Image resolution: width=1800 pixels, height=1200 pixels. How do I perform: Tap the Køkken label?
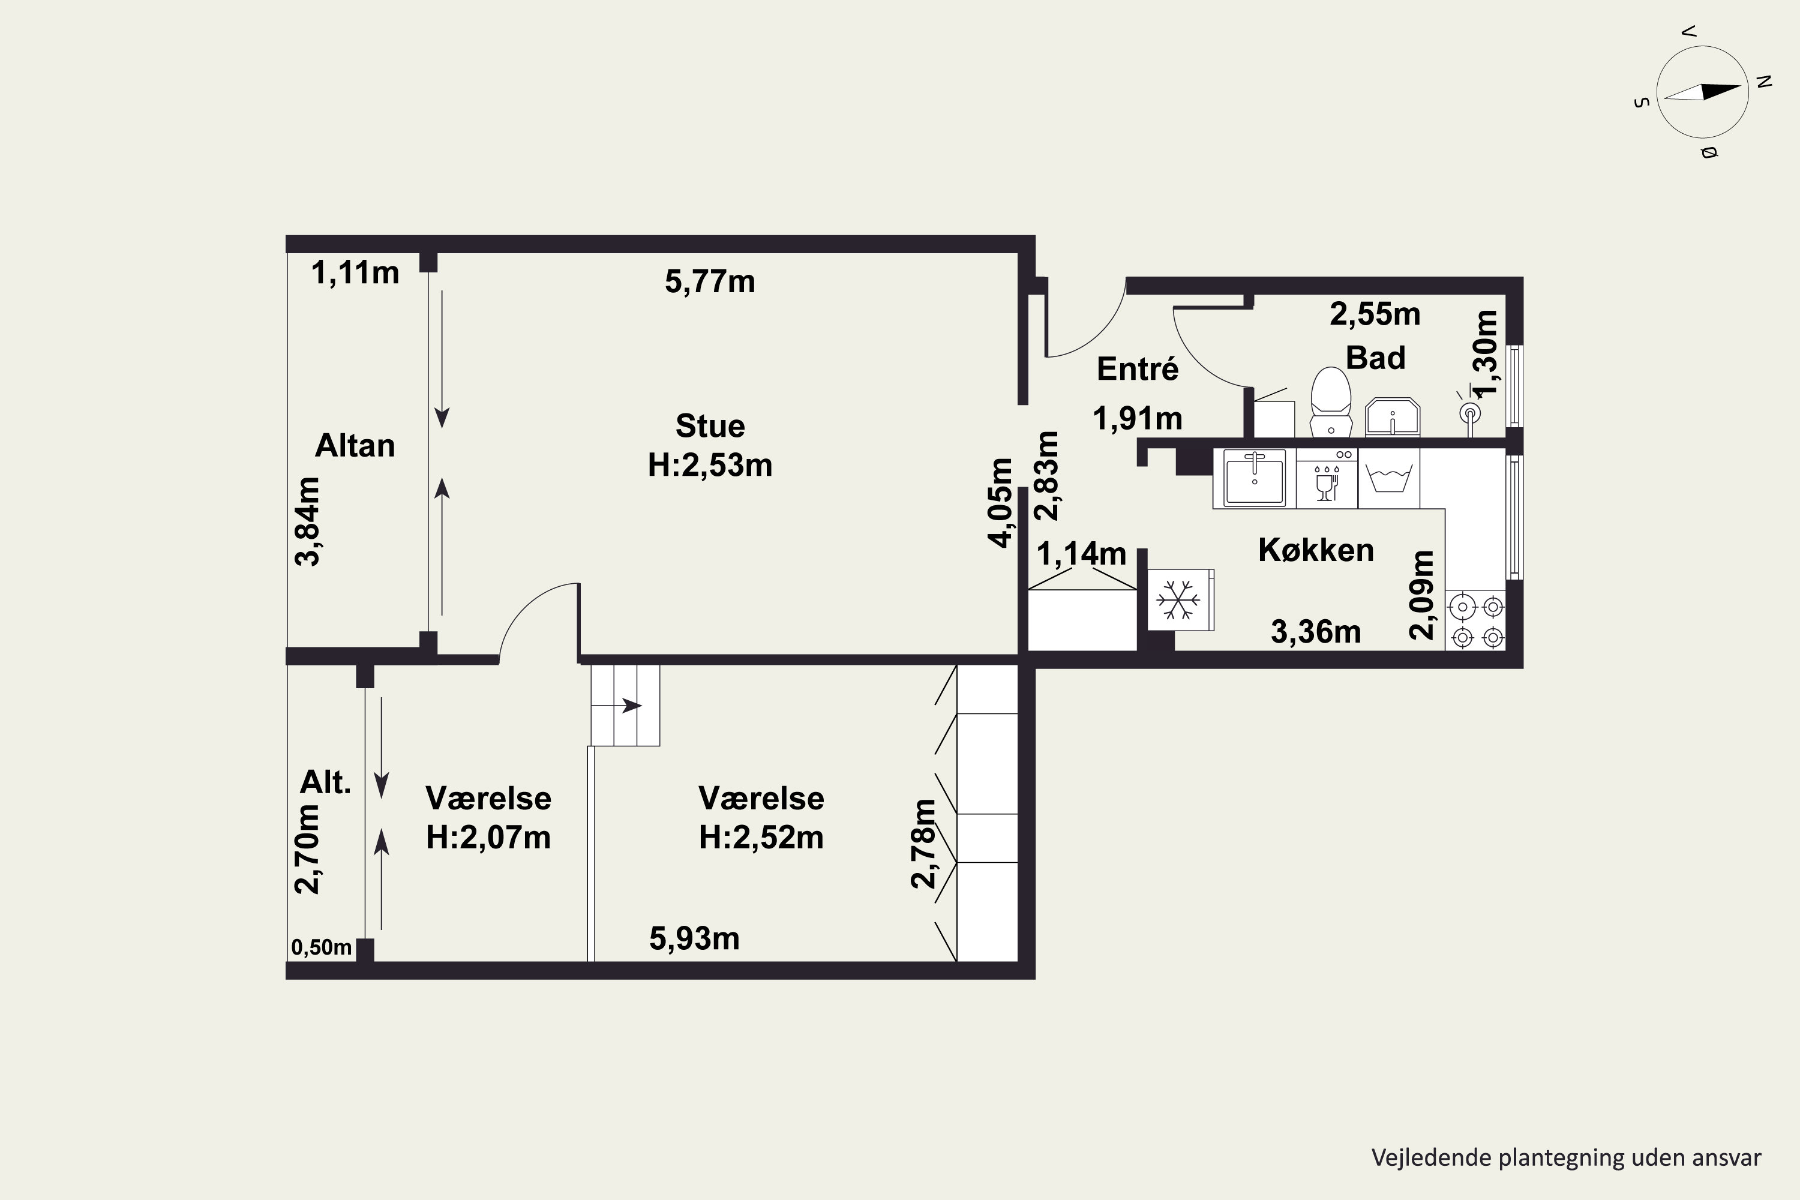(1316, 550)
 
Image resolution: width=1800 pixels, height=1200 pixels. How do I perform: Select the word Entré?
(1137, 369)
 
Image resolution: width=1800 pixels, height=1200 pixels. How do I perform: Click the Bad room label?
(1375, 358)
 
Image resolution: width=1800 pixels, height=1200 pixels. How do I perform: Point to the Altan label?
(355, 445)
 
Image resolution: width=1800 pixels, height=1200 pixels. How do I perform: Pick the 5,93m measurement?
(694, 939)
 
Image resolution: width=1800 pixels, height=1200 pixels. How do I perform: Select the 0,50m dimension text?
(322, 947)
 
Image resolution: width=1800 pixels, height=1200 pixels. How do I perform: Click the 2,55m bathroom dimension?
(1375, 314)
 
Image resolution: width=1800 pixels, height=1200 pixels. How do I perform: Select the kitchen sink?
(1255, 478)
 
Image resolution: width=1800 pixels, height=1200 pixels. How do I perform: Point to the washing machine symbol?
(1389, 478)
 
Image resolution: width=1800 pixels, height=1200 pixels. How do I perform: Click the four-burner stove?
(1476, 620)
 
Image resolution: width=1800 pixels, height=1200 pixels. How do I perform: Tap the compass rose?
(1702, 92)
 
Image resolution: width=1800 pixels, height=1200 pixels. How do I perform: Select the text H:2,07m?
(488, 837)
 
